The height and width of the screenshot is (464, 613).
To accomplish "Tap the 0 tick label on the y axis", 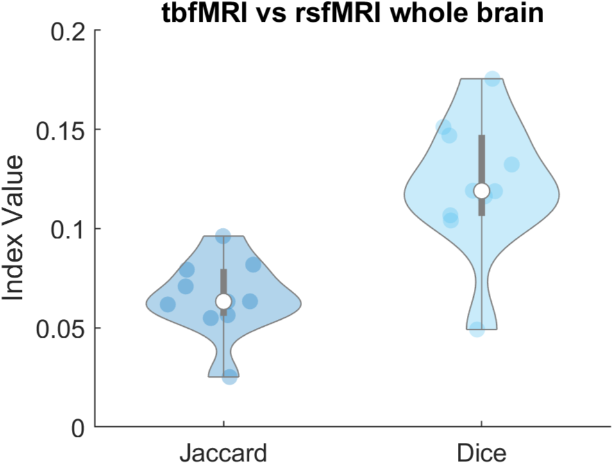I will click(x=79, y=427).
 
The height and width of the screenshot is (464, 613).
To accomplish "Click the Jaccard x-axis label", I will click(x=223, y=452).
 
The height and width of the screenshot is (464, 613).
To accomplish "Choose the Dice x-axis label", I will click(x=481, y=452).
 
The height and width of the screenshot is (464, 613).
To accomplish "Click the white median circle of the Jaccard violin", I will click(x=223, y=301).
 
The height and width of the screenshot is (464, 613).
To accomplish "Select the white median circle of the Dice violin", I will click(x=481, y=190).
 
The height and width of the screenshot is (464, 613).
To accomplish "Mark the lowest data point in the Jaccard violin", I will click(x=229, y=377).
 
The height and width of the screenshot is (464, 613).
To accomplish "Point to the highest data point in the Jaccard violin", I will click(x=223, y=236).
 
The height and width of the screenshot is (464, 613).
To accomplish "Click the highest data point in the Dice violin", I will click(x=492, y=79).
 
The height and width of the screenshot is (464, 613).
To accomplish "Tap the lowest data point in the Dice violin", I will click(x=477, y=329).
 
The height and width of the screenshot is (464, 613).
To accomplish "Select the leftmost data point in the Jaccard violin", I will click(x=167, y=304).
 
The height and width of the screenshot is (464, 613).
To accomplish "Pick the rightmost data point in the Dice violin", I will click(x=511, y=164).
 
